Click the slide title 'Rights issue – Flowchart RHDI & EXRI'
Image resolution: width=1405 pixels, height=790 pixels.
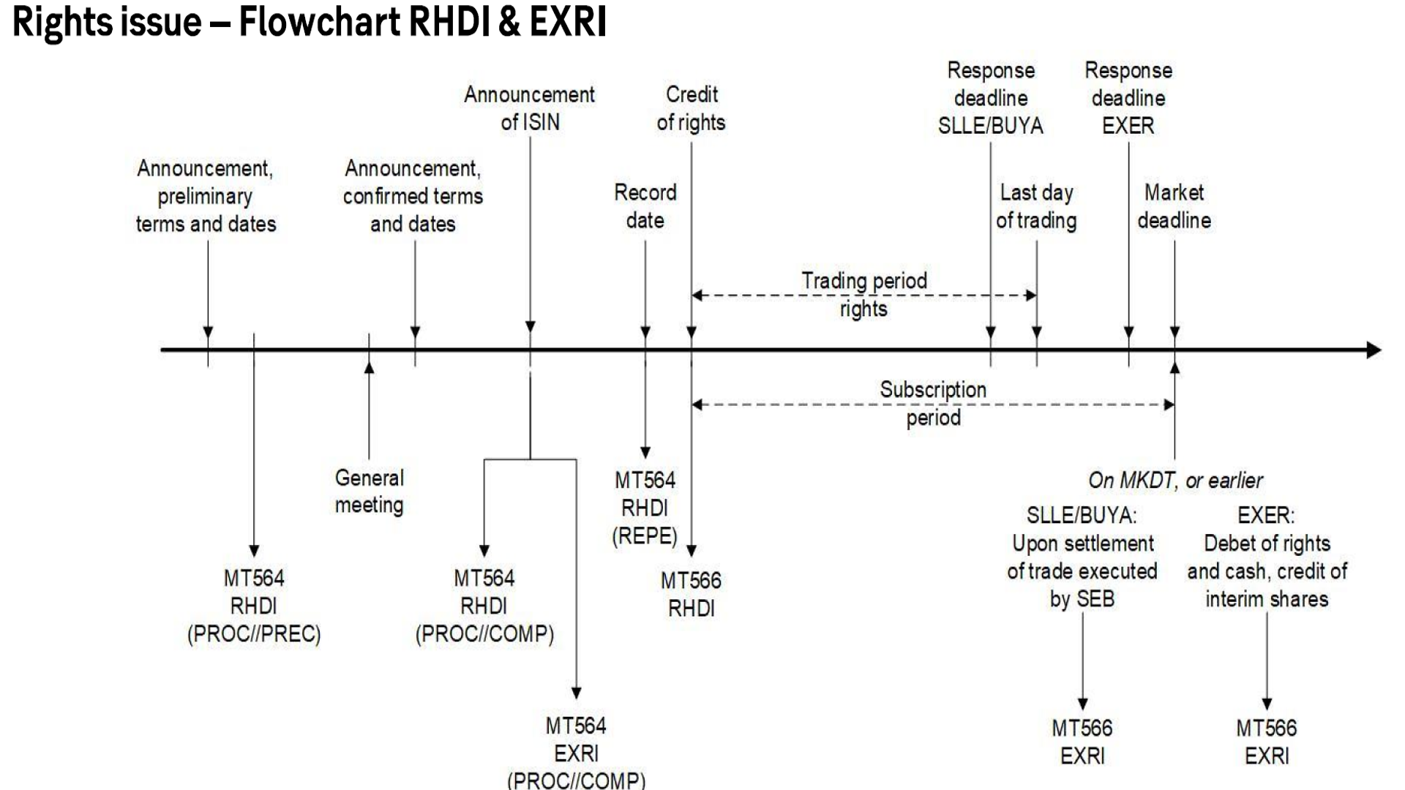coord(310,22)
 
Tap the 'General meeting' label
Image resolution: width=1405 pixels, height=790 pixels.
coord(369,492)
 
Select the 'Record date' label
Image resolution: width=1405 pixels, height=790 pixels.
coord(645,206)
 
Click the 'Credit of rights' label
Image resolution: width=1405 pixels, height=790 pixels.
coord(691,108)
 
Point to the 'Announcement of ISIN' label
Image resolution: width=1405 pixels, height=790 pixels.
coord(530,108)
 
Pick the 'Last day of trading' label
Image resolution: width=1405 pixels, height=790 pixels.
coord(1036,206)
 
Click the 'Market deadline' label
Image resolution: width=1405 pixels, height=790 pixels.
coord(1174,206)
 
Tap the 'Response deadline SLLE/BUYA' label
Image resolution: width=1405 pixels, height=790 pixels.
coord(991,98)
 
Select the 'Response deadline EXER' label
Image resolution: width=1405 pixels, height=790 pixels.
coord(1128,98)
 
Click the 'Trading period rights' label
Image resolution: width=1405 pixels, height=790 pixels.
coord(863,294)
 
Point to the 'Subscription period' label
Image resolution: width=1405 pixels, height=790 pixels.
coord(933,403)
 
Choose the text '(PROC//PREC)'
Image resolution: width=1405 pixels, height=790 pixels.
coord(254,633)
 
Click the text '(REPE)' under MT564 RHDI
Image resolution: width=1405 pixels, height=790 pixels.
coord(645,536)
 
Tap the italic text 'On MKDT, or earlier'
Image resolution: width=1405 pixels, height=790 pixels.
coord(1175,481)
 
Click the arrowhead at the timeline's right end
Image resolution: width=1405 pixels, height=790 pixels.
coord(1374,350)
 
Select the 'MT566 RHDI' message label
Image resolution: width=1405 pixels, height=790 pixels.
coord(691,594)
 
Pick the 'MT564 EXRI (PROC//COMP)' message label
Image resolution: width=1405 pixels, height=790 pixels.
coord(576,753)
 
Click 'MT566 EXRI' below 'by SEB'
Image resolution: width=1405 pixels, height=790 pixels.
coord(1082,742)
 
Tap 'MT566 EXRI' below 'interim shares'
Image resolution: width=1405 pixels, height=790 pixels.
coord(1267,742)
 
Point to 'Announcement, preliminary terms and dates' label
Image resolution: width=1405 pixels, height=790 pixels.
coord(206,196)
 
